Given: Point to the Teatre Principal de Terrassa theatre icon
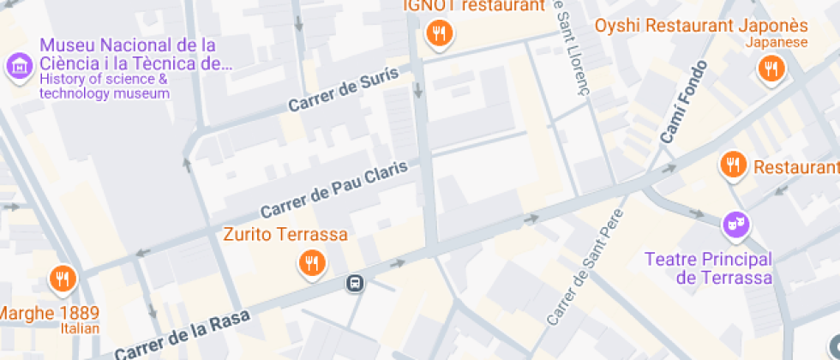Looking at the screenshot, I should [735, 225].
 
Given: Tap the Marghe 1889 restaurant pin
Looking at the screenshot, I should [63, 277].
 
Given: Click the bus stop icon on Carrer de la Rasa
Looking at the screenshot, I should [354, 283].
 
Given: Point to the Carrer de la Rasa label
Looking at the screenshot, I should [182, 334].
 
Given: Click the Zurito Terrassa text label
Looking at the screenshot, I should [285, 234].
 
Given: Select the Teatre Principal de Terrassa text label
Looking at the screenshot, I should [708, 267].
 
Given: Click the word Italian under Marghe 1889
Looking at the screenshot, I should [80, 328].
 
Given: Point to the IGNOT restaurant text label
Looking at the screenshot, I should [474, 6].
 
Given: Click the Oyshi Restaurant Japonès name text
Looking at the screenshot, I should [701, 25].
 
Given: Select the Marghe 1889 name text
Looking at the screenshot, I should [50, 312].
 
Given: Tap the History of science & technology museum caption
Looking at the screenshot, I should [104, 87].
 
